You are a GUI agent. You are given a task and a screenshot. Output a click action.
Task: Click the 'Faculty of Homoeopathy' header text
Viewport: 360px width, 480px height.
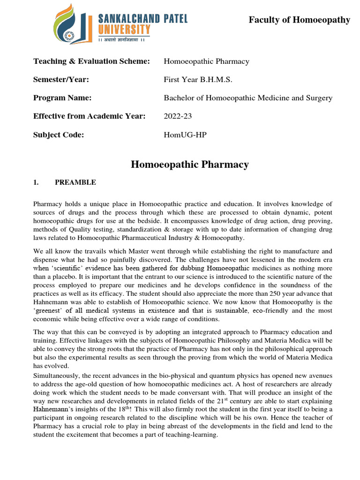coord(299,20)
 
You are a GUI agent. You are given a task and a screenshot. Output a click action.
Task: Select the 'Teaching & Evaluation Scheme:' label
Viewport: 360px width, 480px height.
coord(91,61)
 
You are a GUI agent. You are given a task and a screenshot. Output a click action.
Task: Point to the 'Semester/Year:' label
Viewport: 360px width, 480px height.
coord(61,80)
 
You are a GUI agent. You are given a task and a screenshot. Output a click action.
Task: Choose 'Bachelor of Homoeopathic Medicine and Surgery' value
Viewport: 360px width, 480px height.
coord(247,98)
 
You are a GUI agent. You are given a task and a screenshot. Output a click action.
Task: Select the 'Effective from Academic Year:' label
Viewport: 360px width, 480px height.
coord(90,116)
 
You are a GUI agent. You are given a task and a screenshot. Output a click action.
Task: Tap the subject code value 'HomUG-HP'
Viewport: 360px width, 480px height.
coord(185,135)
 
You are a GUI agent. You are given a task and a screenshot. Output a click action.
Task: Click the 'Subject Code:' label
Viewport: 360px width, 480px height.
coord(59,135)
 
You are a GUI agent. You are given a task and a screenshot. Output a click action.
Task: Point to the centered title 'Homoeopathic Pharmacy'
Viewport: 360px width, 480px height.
coord(189,165)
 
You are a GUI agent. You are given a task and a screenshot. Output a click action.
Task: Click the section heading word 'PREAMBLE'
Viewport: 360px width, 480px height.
coord(75,183)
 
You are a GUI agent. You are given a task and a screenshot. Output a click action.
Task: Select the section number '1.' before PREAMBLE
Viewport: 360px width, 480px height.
coord(36,183)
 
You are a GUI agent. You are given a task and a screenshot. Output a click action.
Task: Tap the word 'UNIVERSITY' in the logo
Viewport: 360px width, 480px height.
coord(124,30)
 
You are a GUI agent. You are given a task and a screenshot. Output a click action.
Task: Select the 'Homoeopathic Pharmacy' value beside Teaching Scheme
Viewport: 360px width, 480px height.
coord(206,61)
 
